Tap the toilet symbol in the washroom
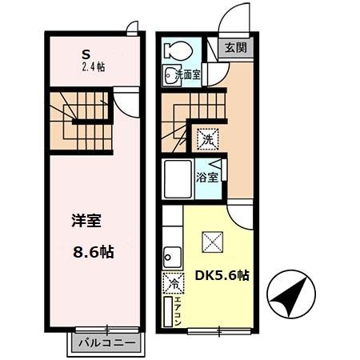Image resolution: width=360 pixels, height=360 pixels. point(173,50)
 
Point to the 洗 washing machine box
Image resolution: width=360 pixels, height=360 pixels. point(207,138)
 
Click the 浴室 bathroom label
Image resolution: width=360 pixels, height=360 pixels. point(207,177)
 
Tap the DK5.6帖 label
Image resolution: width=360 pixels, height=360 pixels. point(222,275)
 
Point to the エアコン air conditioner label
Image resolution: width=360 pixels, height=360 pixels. point(172,312)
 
